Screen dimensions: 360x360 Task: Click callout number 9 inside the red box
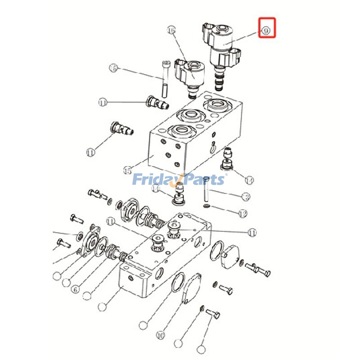(x=266, y=31)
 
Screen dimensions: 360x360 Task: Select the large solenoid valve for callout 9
(x=223, y=49)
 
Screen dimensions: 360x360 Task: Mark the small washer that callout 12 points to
(x=206, y=206)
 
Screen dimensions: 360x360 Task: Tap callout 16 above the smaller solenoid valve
(x=171, y=30)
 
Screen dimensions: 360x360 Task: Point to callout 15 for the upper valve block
(x=127, y=171)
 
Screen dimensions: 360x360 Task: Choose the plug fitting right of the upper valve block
(x=227, y=159)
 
